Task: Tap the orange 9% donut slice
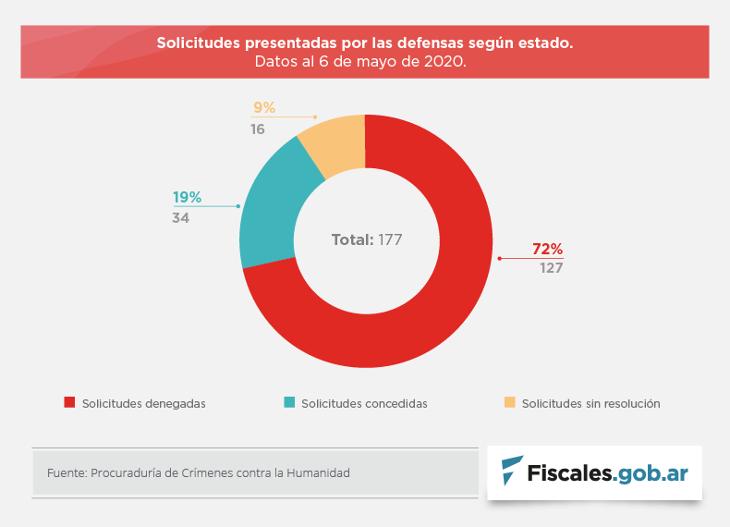pyautogui.click(x=337, y=143)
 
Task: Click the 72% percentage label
pyautogui.click(x=547, y=249)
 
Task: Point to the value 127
pyautogui.click(x=552, y=268)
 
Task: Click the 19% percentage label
pyautogui.click(x=187, y=197)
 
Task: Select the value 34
pyautogui.click(x=180, y=217)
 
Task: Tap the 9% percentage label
pyautogui.click(x=263, y=107)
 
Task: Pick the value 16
pyautogui.click(x=258, y=129)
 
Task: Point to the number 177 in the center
pyautogui.click(x=391, y=240)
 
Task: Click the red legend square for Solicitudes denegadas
pyautogui.click(x=68, y=402)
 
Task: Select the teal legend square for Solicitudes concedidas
pyautogui.click(x=289, y=402)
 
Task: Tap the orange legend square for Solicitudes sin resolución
pyautogui.click(x=509, y=402)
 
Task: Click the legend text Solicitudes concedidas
pyautogui.click(x=364, y=403)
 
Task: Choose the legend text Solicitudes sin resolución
pyautogui.click(x=590, y=403)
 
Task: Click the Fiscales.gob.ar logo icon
pyautogui.click(x=511, y=472)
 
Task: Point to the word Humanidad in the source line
pyautogui.click(x=320, y=472)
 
